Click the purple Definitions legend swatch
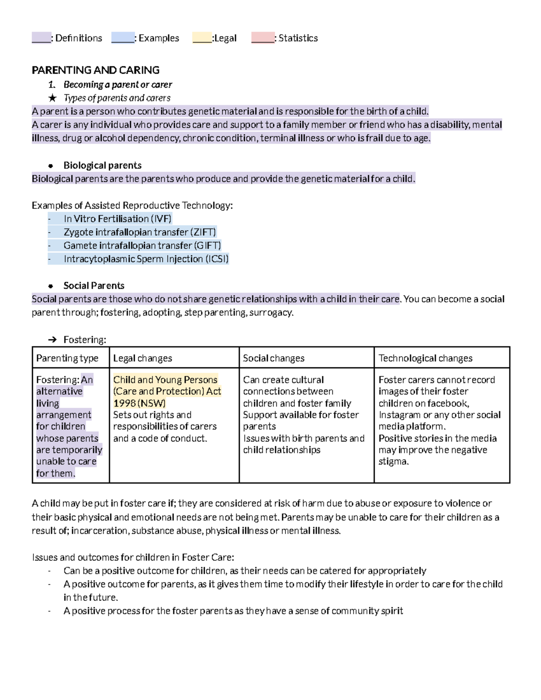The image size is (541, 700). [41, 37]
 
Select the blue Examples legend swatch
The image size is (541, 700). [123, 37]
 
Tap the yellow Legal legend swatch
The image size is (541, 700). [202, 37]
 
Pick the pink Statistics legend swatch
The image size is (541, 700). [262, 37]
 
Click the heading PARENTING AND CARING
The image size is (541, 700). [96, 70]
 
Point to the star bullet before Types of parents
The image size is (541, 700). [52, 98]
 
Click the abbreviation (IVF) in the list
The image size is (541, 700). [161, 219]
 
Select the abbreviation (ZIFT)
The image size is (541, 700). [203, 232]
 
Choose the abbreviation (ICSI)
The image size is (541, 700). [217, 259]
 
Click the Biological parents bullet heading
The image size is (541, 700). [102, 165]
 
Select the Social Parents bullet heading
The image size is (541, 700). [94, 286]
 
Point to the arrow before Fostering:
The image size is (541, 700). [52, 340]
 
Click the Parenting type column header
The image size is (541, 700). [67, 358]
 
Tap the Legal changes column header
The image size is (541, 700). [142, 358]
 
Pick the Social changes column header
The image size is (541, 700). [274, 358]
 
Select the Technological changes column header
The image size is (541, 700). [425, 358]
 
